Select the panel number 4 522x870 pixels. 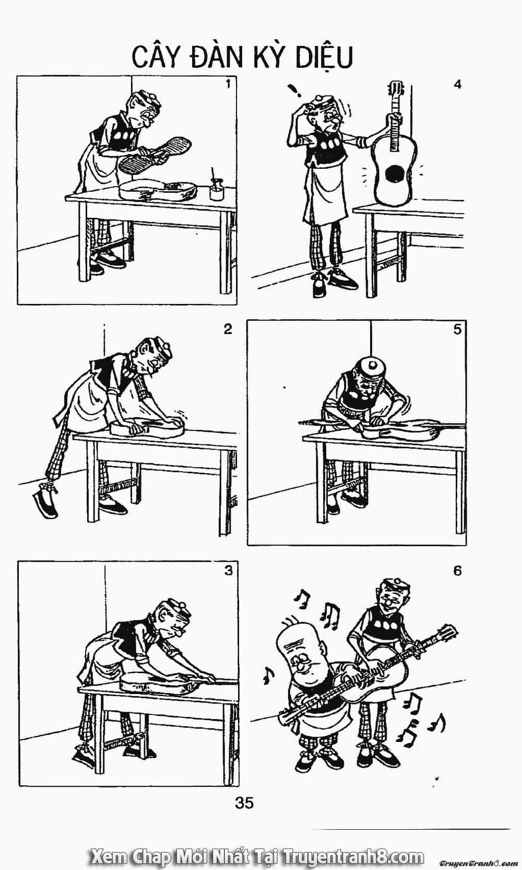point(458,84)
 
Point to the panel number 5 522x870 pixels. point(457,329)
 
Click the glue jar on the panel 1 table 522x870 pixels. point(216,189)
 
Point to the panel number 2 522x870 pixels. point(228,329)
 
